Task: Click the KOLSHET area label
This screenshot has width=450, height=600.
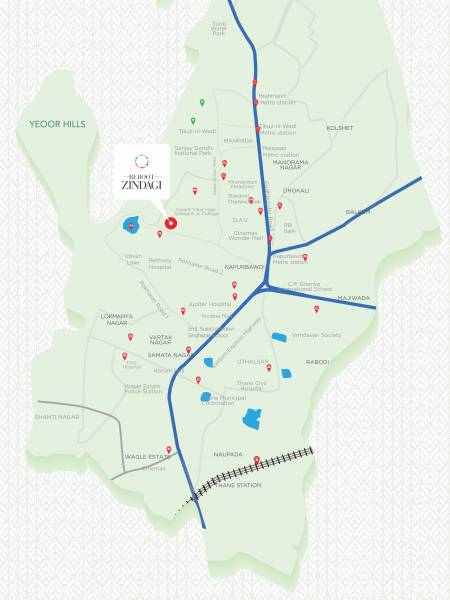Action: click(340, 128)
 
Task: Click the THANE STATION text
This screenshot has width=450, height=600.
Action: click(240, 485)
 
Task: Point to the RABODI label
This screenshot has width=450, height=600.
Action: click(317, 362)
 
